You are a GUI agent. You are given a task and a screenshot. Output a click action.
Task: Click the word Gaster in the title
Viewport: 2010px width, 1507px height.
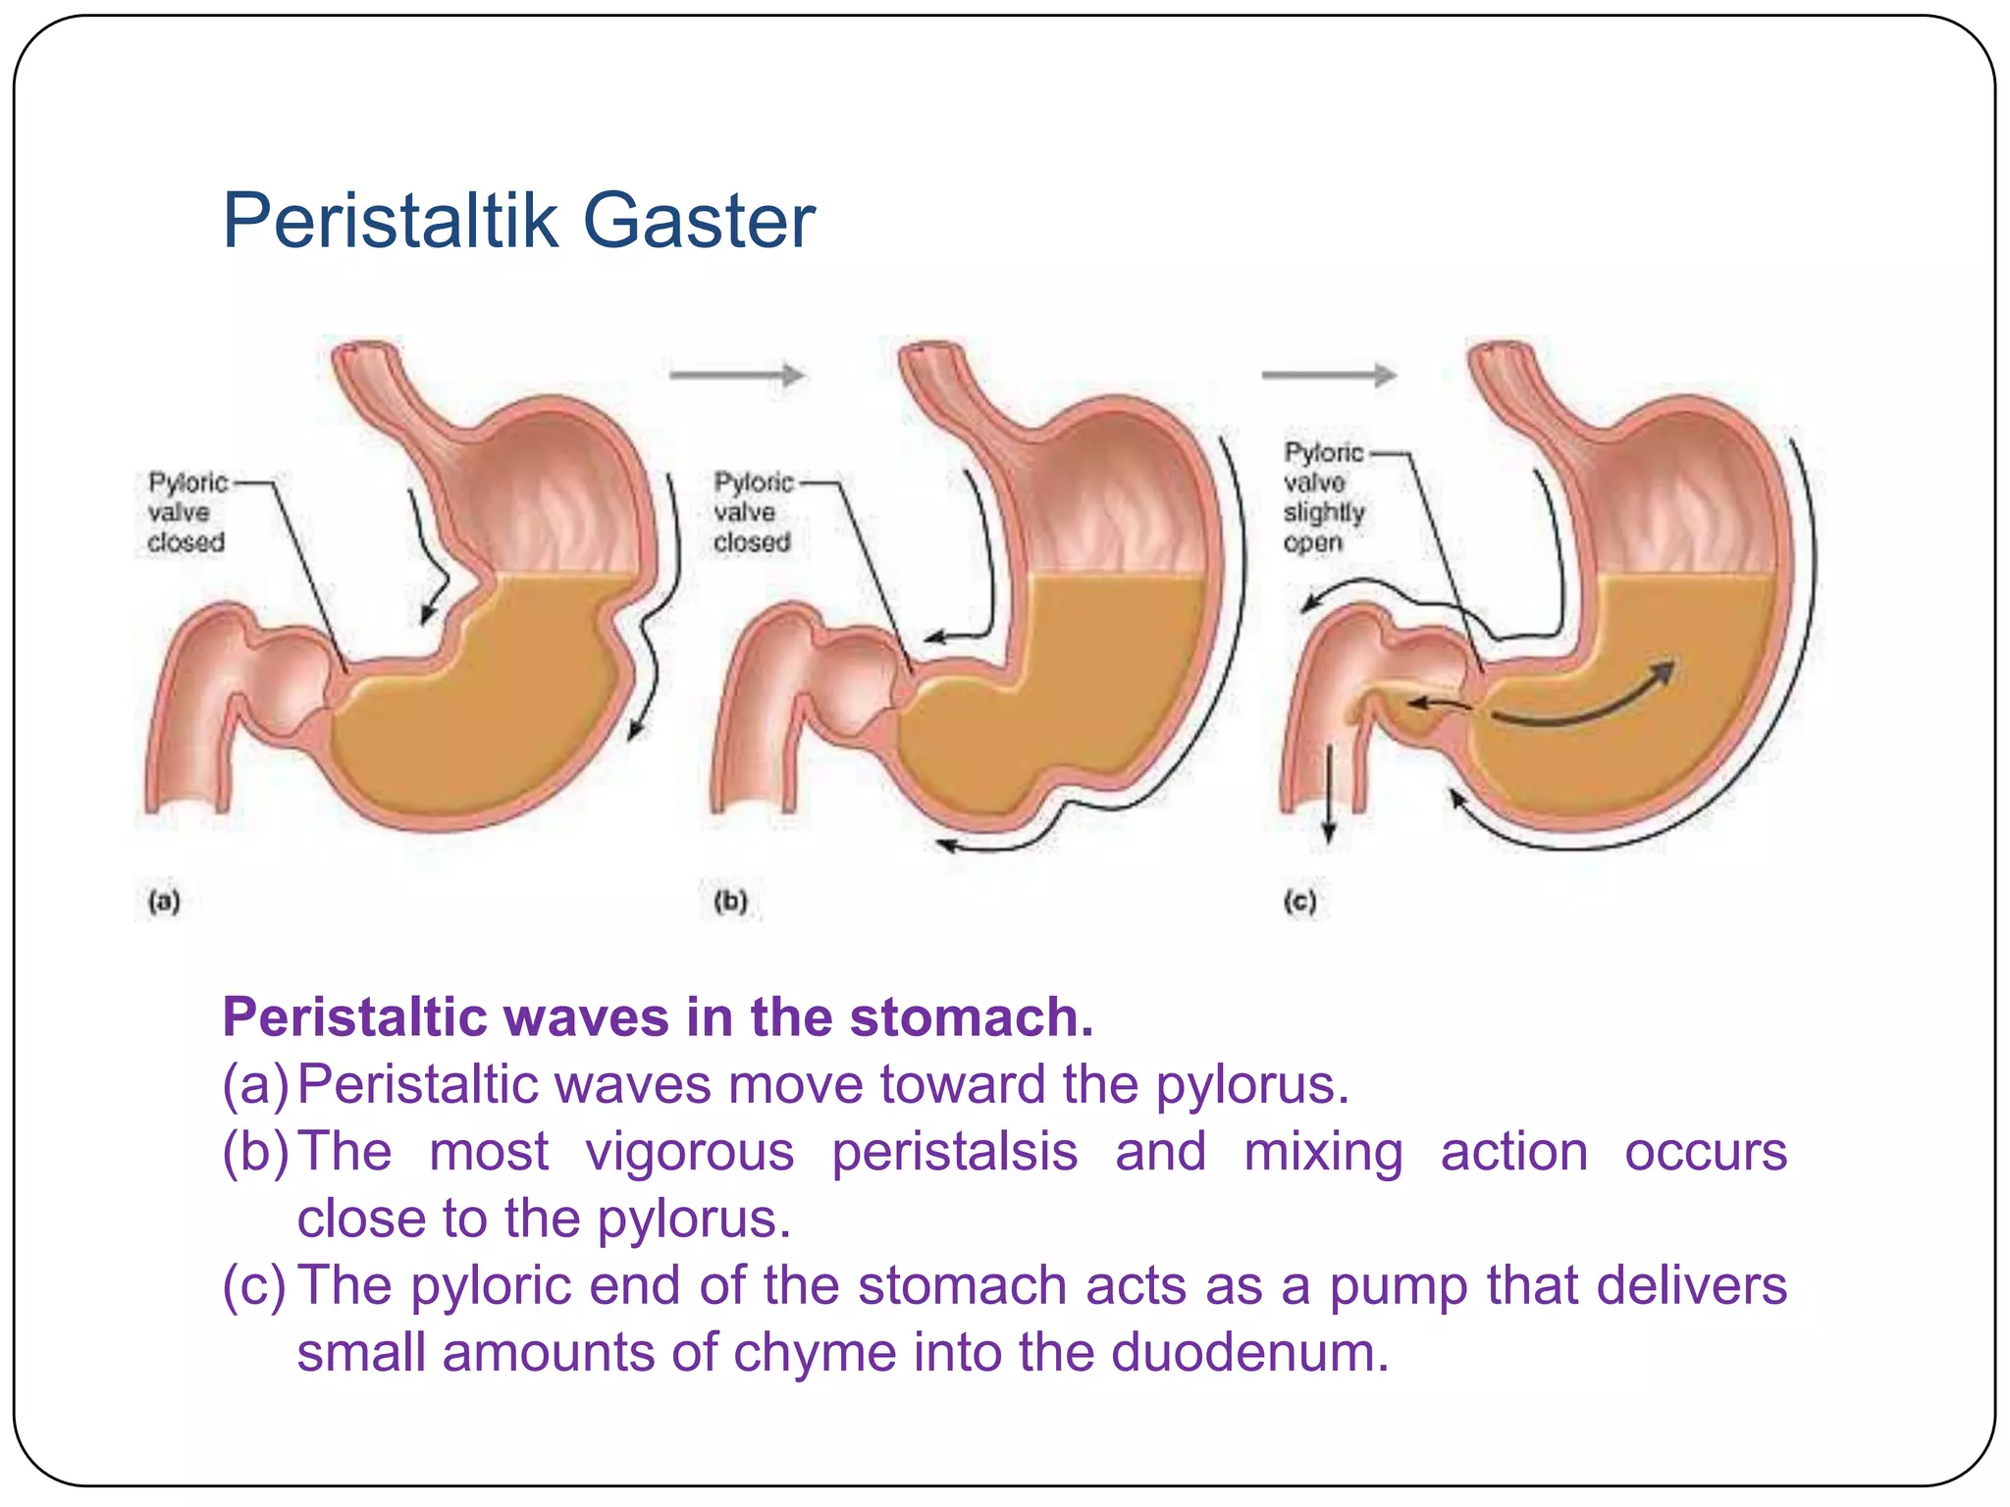click(x=699, y=221)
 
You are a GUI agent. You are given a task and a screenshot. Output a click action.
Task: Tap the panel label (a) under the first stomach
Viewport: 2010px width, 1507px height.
click(x=164, y=901)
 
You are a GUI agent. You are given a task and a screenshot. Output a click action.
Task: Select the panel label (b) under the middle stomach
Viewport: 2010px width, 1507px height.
click(x=730, y=901)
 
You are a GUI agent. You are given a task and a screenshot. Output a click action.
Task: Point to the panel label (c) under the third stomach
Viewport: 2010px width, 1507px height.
click(x=1299, y=901)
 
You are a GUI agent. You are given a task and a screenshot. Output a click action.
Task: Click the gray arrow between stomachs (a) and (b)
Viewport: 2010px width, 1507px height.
click(x=736, y=374)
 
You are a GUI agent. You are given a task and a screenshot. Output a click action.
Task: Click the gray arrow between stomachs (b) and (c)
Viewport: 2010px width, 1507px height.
click(x=1328, y=374)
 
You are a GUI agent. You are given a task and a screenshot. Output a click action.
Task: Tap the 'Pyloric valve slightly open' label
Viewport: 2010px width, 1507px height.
click(x=1323, y=496)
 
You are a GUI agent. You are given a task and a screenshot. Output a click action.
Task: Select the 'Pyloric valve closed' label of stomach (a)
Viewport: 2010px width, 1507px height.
click(x=186, y=511)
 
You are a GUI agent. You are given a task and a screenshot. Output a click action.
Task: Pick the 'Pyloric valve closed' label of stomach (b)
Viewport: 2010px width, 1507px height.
click(x=752, y=511)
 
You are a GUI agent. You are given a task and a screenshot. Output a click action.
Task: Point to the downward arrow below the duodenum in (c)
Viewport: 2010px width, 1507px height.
click(x=1329, y=795)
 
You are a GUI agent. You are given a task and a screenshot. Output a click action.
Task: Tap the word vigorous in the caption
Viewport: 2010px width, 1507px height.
click(x=690, y=1151)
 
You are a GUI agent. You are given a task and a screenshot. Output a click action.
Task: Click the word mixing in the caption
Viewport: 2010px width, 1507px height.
click(x=1323, y=1151)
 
